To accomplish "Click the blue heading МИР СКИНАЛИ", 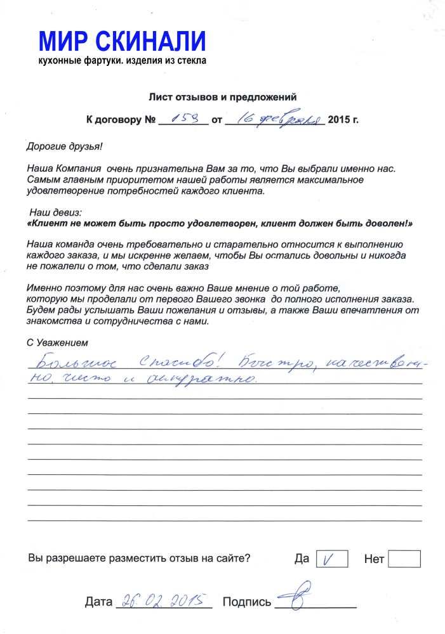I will [x=123, y=41].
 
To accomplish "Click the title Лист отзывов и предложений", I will [x=223, y=97].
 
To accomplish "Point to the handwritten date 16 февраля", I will [x=274, y=117].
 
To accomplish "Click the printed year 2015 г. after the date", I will [x=343, y=119].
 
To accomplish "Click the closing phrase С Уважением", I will [x=55, y=343].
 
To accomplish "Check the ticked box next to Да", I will [x=331, y=559].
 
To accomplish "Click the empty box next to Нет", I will [x=404, y=559].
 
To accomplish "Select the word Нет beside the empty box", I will [x=374, y=559].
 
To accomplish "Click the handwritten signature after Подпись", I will [x=302, y=597].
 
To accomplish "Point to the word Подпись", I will [x=247, y=602].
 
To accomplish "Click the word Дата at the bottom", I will [x=98, y=602].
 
